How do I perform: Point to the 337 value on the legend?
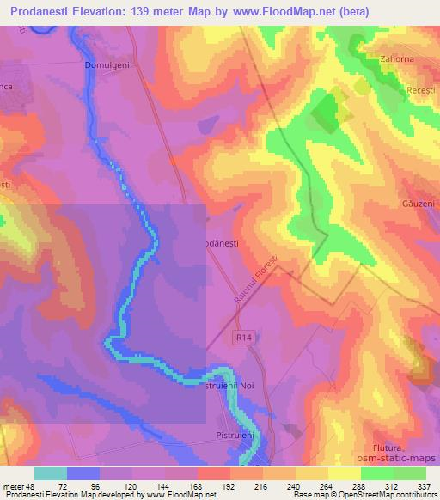coord(425,484)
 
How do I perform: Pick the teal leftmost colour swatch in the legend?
coord(52,473)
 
